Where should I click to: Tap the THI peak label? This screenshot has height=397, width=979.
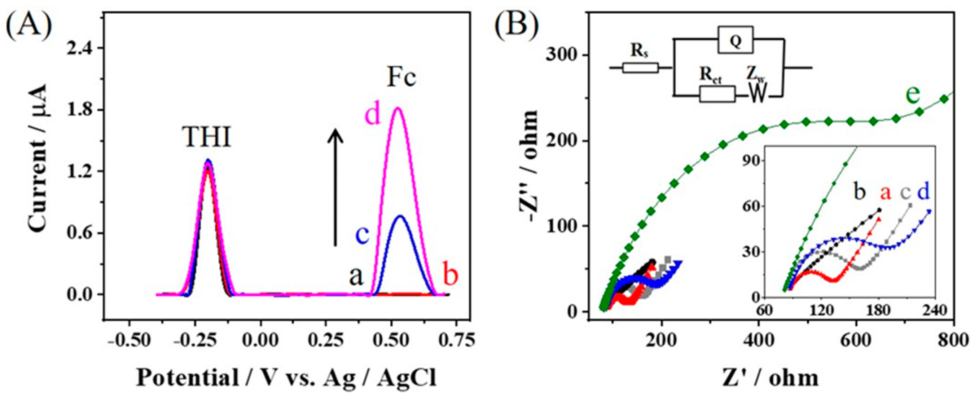207,137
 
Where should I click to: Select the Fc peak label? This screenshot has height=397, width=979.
401,78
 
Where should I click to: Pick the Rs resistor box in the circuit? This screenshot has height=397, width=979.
640,68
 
